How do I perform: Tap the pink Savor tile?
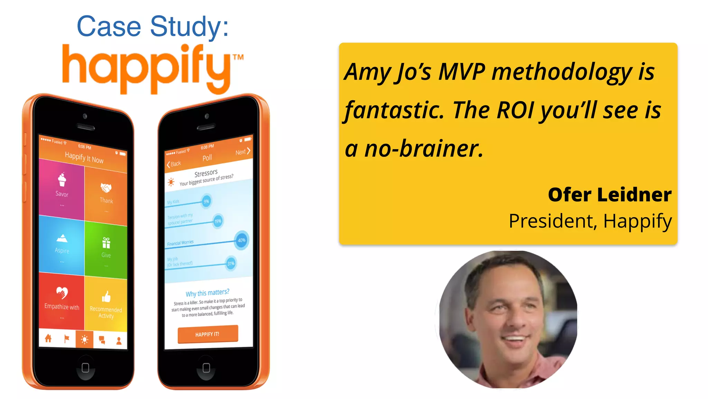(62, 189)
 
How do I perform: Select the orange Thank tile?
(106, 196)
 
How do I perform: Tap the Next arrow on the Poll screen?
(243, 152)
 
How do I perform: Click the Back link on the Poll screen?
(174, 164)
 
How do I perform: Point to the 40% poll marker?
(241, 240)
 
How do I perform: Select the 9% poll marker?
(206, 201)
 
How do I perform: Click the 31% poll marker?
(231, 264)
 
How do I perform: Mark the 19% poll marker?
(218, 221)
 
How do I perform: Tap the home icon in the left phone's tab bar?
(48, 338)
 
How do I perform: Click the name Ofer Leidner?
(609, 195)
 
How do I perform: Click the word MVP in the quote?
(462, 72)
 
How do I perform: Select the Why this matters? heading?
(207, 293)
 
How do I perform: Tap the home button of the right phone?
(206, 368)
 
